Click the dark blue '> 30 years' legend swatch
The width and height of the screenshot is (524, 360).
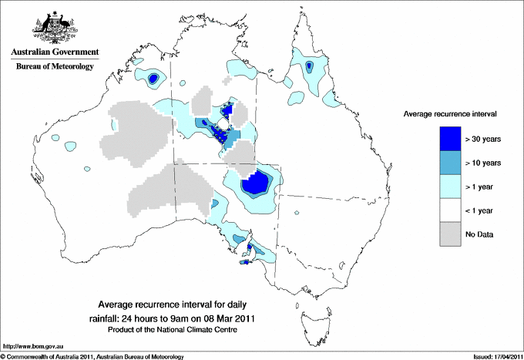(x=451, y=139)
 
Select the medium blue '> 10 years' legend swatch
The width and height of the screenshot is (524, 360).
(x=451, y=163)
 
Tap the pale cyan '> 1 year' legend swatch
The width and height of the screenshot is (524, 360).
(x=451, y=187)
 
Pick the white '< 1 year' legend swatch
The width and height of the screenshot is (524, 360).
(x=451, y=210)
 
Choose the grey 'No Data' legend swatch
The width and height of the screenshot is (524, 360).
(x=451, y=234)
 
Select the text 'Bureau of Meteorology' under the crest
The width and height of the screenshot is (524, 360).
(x=54, y=66)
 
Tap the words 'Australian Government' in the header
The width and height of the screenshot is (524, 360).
(x=54, y=52)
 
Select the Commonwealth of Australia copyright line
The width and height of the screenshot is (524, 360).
(x=92, y=356)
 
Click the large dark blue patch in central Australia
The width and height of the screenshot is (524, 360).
(x=255, y=184)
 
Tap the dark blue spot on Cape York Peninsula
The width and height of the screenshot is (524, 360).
(x=309, y=67)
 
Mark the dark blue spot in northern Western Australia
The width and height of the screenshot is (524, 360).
(x=153, y=78)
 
